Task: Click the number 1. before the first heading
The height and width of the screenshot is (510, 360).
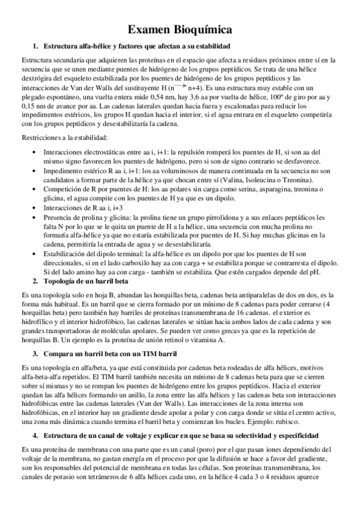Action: click(x=35, y=46)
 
